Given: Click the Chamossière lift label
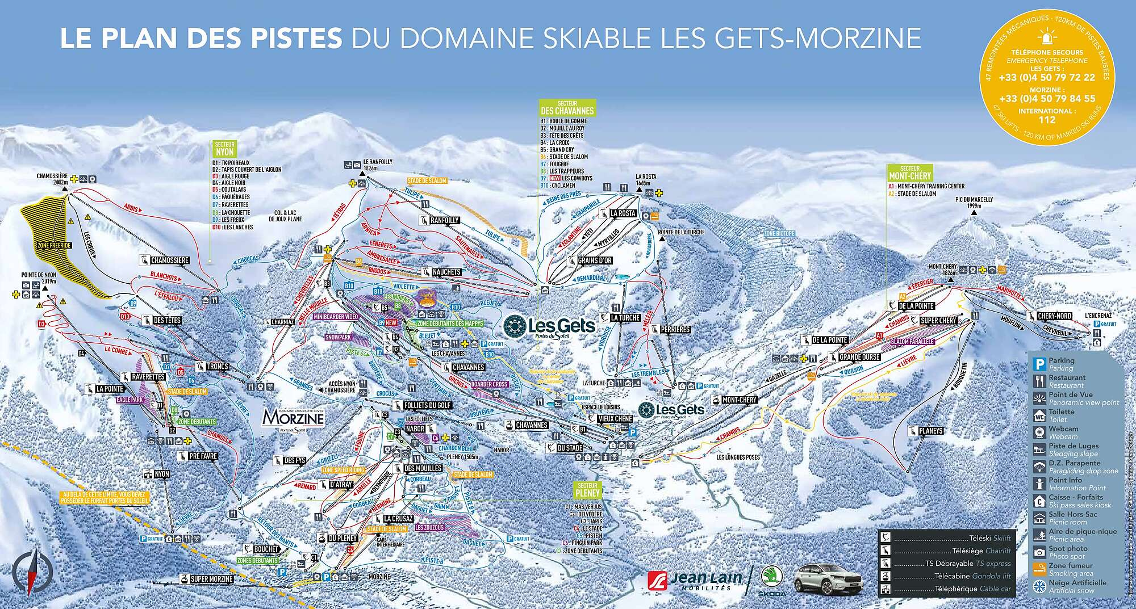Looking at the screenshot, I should (169, 261).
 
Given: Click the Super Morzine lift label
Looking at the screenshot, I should (211, 579).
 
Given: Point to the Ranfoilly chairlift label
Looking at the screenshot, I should (444, 220).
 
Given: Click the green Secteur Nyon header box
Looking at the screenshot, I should (225, 149).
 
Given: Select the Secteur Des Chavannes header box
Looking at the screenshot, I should (567, 108).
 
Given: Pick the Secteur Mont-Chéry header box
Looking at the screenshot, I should (909, 173).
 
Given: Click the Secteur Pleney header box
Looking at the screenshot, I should (587, 490).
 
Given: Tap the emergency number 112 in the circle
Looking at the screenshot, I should (1046, 120).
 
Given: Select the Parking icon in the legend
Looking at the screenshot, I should (1038, 364).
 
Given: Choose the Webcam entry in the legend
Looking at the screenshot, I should (1063, 432).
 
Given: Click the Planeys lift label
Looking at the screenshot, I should (930, 431).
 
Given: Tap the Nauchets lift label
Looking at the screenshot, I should (446, 272).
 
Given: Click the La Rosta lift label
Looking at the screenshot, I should (623, 213).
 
